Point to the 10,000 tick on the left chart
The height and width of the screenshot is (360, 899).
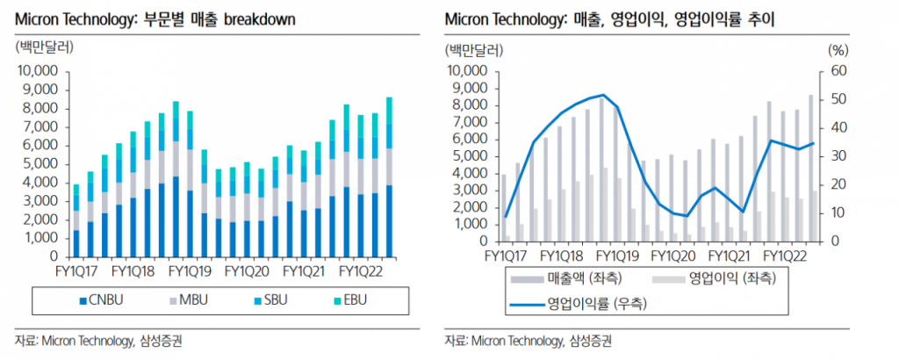pos(38,71)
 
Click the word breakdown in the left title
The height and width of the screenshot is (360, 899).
pos(261,19)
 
